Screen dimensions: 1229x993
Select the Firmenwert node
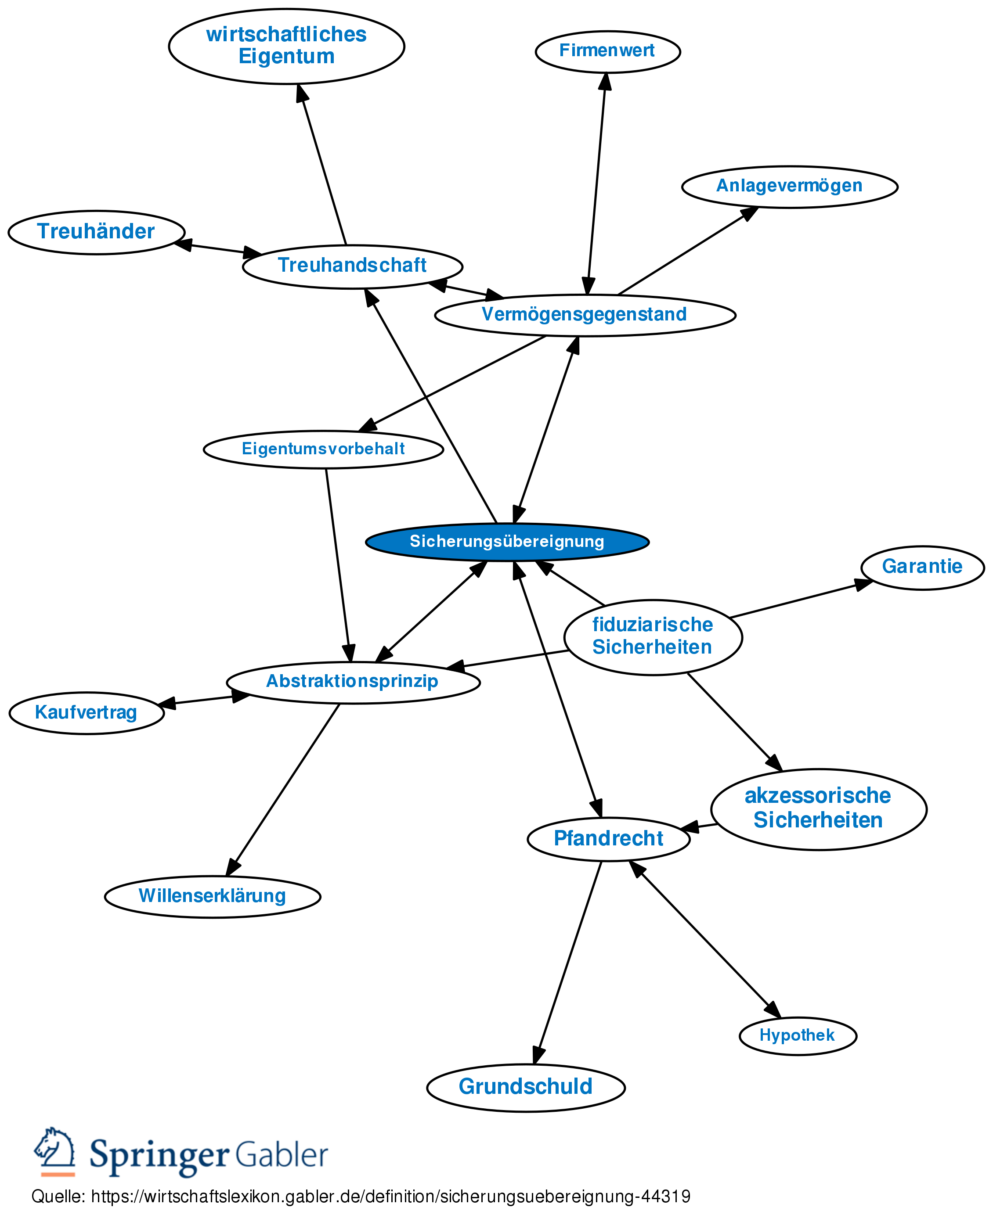(x=607, y=51)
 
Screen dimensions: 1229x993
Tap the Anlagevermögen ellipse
(x=789, y=187)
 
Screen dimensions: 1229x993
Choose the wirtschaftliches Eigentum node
(x=287, y=46)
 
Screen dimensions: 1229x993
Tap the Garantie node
(x=922, y=567)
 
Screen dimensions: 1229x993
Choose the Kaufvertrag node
(x=87, y=713)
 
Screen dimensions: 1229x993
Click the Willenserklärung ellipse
(x=212, y=896)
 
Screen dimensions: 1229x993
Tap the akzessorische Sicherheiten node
(x=818, y=808)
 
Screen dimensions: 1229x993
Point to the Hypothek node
(x=798, y=1035)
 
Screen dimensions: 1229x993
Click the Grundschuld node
(x=526, y=1087)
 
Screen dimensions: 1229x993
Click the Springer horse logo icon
(x=55, y=1150)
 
